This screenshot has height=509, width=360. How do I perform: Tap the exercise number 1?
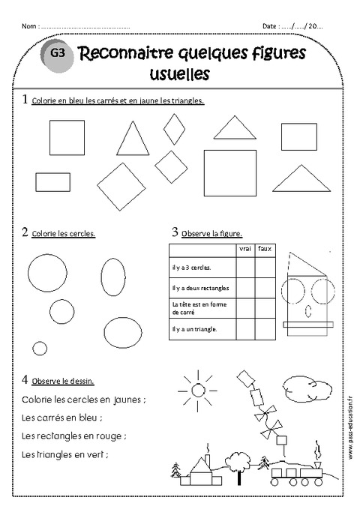25,99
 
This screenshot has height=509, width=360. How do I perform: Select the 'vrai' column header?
244,249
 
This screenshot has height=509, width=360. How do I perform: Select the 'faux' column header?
264,249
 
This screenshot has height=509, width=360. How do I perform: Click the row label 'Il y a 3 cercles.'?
192,267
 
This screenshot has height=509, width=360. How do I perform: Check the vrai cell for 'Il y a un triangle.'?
244,330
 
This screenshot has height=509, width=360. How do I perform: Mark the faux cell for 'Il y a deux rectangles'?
264,288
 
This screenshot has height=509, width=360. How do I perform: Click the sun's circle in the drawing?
198,390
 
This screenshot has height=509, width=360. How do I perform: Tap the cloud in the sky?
308,388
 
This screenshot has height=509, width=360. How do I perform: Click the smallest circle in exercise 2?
40,348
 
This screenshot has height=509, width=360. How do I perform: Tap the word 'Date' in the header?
270,26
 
